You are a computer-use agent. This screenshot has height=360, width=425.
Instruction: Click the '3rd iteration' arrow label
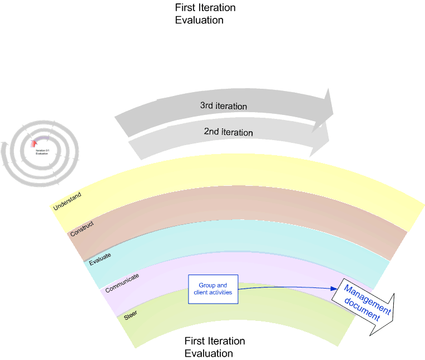(223, 105)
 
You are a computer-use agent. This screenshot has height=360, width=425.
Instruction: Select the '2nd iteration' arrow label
(228, 132)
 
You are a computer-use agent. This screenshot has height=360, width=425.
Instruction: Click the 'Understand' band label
(67, 201)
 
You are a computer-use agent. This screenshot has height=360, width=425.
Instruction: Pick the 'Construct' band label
(81, 228)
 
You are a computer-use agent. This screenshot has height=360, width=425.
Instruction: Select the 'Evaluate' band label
(100, 257)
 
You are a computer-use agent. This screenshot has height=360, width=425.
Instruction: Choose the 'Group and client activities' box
(213, 289)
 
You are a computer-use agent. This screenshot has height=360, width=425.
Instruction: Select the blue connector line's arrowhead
(335, 289)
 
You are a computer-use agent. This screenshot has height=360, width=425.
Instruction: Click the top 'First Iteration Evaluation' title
(205, 14)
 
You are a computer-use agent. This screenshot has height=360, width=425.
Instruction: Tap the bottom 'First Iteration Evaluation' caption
(215, 347)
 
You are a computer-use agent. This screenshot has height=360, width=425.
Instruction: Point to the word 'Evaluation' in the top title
(199, 20)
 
